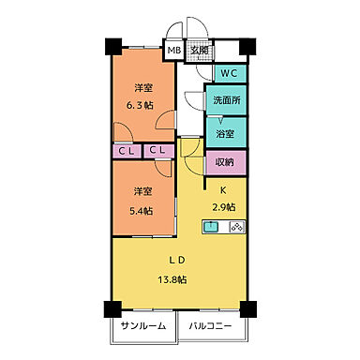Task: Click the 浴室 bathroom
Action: pyautogui.click(x=226, y=133)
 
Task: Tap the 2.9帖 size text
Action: pyautogui.click(x=223, y=206)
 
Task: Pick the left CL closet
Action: pyautogui.click(x=126, y=150)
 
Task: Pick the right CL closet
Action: pyautogui.click(x=157, y=150)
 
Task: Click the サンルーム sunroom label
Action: pyautogui.click(x=143, y=327)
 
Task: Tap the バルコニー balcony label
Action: pyautogui.click(x=207, y=327)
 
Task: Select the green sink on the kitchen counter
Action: pyautogui.click(x=212, y=226)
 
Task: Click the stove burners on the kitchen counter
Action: pyautogui.click(x=236, y=226)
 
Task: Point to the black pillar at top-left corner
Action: pyautogui.click(x=111, y=45)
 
